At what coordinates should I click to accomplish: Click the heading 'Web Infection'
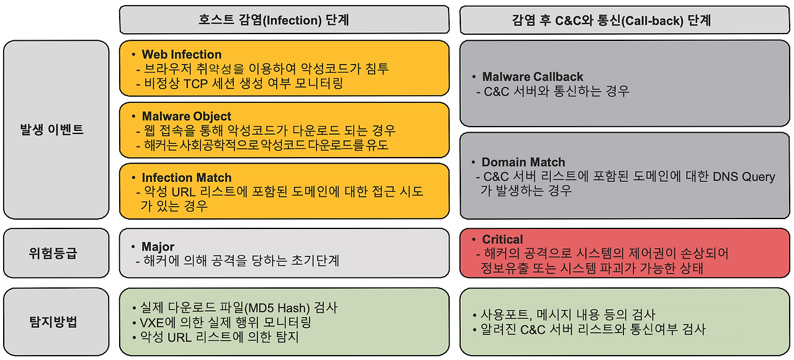pyautogui.click(x=182, y=54)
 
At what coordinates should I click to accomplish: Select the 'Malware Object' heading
pyautogui.click(x=187, y=116)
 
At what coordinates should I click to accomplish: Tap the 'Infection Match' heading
pyautogui.click(x=187, y=178)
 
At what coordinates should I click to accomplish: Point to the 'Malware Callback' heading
pyautogui.click(x=532, y=76)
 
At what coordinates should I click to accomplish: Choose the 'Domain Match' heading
pyautogui.click(x=523, y=162)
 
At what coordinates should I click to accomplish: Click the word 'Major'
pyautogui.click(x=158, y=246)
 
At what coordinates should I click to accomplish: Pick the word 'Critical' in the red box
pyautogui.click(x=502, y=240)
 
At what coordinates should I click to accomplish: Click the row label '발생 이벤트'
pyautogui.click(x=51, y=130)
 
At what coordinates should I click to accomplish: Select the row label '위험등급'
pyautogui.click(x=53, y=253)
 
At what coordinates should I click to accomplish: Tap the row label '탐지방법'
pyautogui.click(x=53, y=322)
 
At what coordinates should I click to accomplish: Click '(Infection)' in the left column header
pyautogui.click(x=292, y=20)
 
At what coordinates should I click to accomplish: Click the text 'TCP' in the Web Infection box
pyautogui.click(x=195, y=84)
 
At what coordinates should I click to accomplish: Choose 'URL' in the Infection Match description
pyautogui.click(x=183, y=192)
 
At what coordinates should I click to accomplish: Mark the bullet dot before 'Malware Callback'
pyautogui.click(x=474, y=76)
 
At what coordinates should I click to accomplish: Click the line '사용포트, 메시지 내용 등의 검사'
pyautogui.click(x=568, y=315)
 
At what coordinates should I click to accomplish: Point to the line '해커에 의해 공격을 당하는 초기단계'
pyautogui.click(x=241, y=261)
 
